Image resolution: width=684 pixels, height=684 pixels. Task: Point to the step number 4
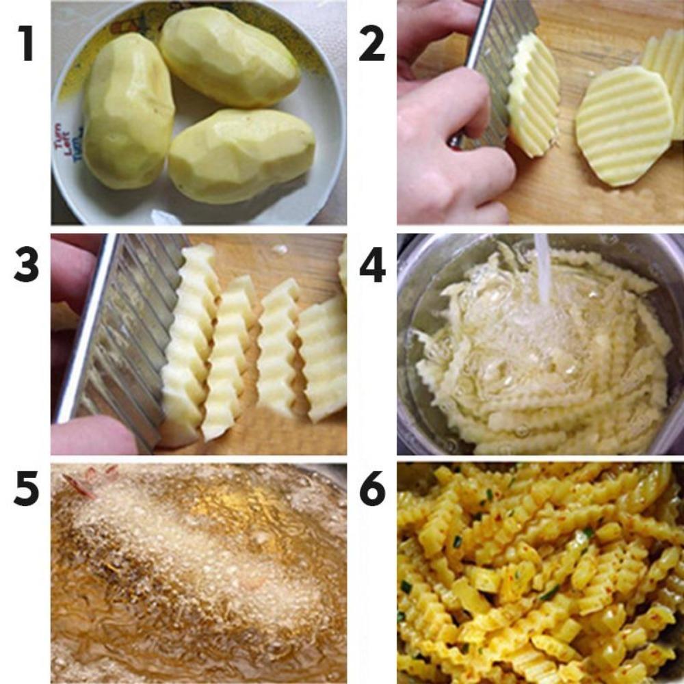tap(372, 266)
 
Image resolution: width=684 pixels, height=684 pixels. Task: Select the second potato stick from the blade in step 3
tap(229, 356)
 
